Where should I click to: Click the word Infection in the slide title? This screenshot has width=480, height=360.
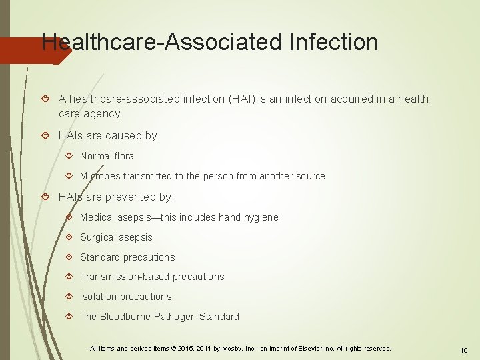tap(334, 43)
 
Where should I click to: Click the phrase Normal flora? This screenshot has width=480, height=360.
tap(107, 156)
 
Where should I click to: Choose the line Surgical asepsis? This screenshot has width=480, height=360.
tap(116, 237)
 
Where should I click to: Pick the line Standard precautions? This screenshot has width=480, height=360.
tap(127, 257)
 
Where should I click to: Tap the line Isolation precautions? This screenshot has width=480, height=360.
tap(125, 297)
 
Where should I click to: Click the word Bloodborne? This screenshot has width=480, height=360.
tap(125, 317)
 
